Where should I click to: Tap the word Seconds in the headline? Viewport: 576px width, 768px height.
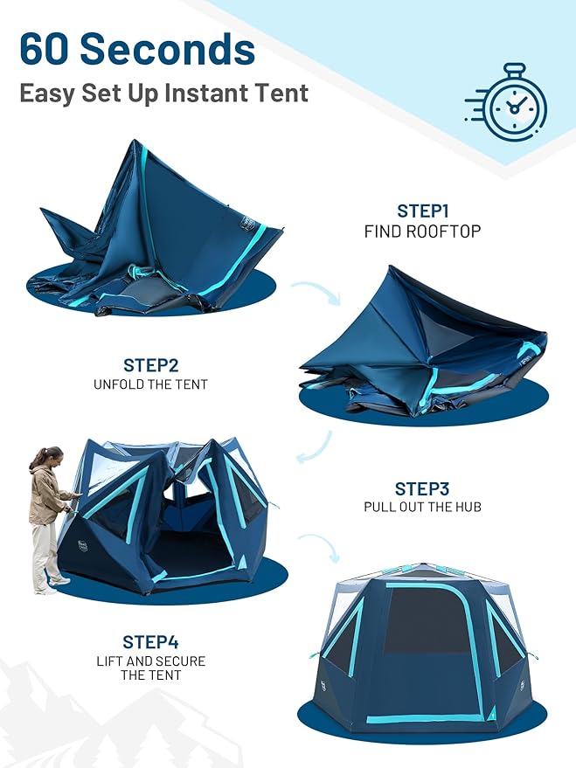(168, 49)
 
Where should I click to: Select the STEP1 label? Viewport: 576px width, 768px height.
(423, 211)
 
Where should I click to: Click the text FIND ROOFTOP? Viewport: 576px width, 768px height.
(423, 232)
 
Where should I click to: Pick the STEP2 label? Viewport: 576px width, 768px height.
(151, 365)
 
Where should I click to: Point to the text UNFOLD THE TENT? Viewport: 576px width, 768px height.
(151, 384)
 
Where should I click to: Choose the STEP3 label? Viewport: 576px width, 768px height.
(422, 488)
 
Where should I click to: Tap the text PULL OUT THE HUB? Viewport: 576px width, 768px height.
(423, 507)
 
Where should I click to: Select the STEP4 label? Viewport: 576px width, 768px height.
(151, 642)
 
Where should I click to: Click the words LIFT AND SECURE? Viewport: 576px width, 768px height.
(151, 661)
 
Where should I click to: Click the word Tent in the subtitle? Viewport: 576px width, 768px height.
(282, 93)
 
